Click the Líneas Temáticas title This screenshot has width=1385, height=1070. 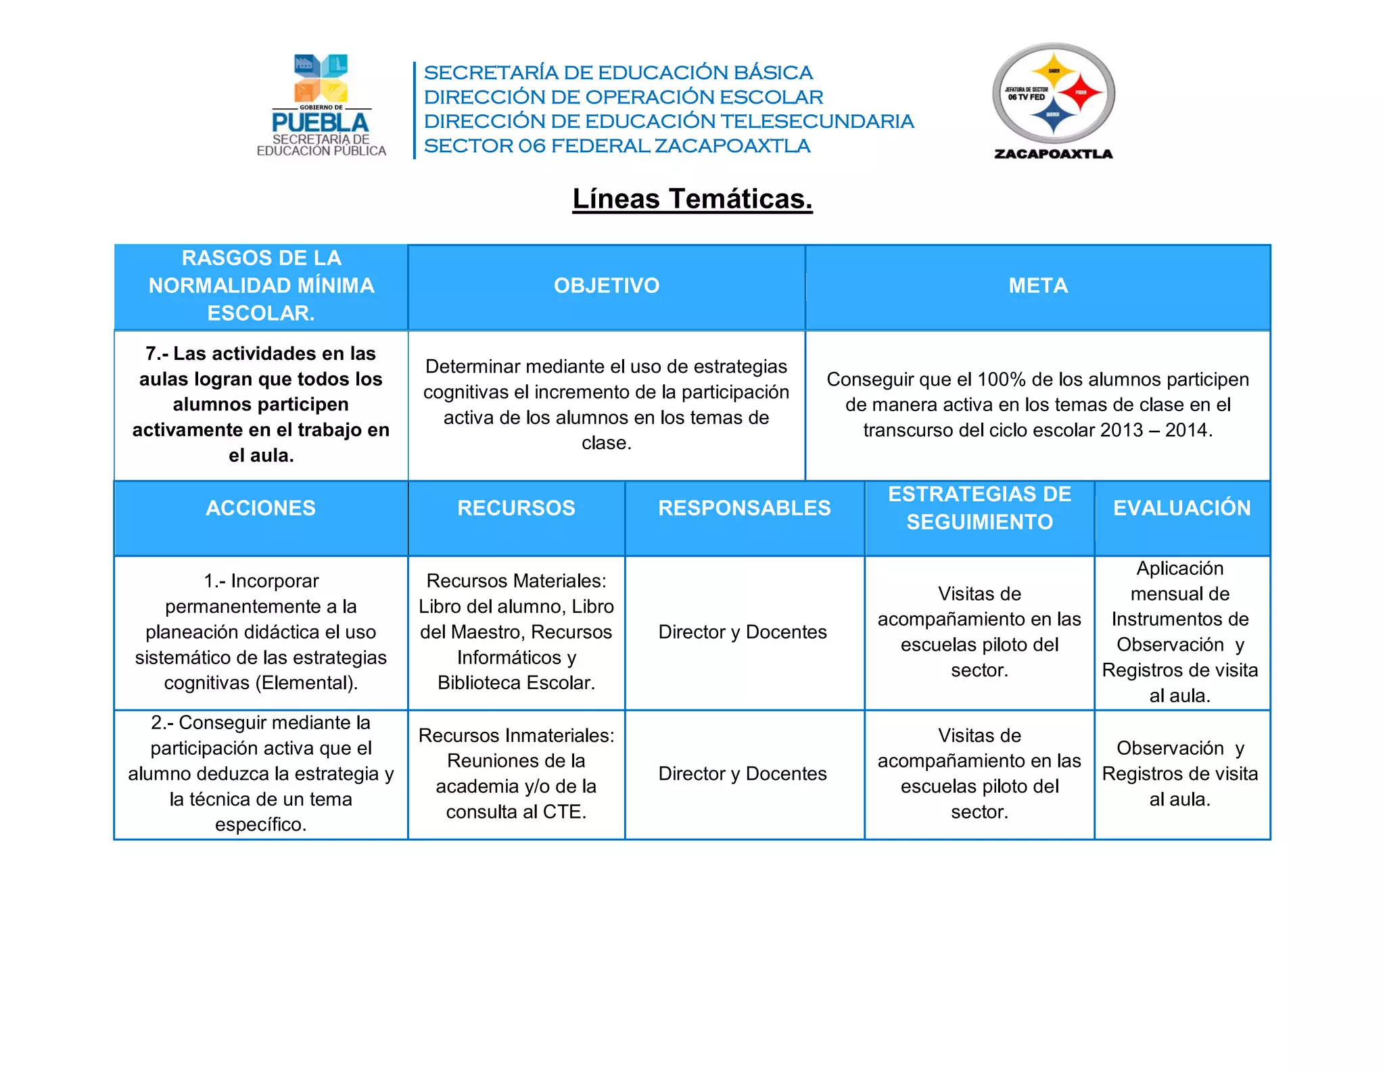click(692, 199)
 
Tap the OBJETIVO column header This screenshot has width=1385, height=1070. click(606, 285)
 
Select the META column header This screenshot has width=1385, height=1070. click(1037, 285)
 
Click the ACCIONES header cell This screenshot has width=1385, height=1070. click(260, 508)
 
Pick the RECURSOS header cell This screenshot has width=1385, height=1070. click(516, 508)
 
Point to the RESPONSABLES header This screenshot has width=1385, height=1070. click(744, 508)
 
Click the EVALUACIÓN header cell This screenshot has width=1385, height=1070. click(1181, 508)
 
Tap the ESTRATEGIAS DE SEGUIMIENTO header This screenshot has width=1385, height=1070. click(979, 508)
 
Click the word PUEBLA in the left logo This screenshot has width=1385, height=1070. click(320, 122)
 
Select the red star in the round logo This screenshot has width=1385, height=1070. click(1080, 93)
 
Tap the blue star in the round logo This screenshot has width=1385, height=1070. click(1053, 116)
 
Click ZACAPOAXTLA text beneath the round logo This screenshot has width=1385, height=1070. click(1053, 154)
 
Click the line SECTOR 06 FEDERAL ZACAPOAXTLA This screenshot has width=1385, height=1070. click(617, 146)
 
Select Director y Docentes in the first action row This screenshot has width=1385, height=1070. click(743, 632)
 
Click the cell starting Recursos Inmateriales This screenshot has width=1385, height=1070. click(516, 773)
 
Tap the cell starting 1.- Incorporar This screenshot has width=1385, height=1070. click(260, 632)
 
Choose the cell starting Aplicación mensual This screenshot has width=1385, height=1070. click(1180, 632)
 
